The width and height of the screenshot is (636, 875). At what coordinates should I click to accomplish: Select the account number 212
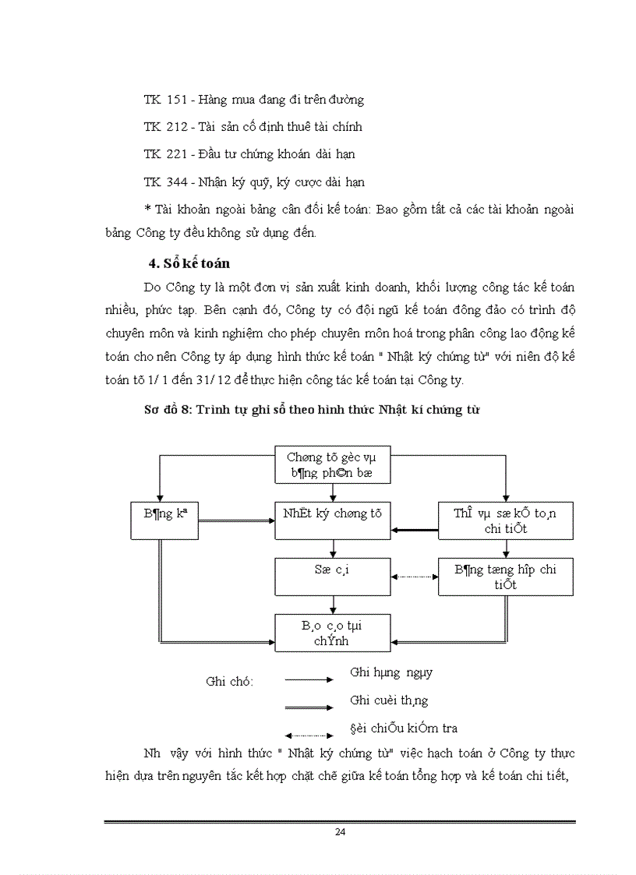pos(177,126)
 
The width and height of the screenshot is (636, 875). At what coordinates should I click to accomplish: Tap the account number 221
pos(177,154)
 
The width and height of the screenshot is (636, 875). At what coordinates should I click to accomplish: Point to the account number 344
pos(177,182)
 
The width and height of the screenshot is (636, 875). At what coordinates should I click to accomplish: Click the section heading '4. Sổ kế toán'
pos(189,263)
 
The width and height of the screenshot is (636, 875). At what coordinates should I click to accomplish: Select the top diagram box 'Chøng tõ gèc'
pos(333,465)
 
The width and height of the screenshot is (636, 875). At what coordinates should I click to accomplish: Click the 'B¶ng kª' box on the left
pos(160,520)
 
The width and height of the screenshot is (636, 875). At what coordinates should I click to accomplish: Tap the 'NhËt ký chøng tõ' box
pos(333,520)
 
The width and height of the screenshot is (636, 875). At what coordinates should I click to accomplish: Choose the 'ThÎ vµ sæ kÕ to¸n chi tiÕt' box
pos(505,520)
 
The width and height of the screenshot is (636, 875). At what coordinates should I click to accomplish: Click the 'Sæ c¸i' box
pos(333,576)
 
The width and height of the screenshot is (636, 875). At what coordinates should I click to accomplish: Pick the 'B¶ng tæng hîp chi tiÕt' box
pos(505,577)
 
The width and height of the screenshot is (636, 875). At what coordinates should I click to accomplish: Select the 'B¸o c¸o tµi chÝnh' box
pos(333,632)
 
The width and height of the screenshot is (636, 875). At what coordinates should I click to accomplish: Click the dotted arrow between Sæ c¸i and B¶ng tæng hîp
pos(414,577)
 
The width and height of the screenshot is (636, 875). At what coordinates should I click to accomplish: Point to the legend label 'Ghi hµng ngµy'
pos(391,672)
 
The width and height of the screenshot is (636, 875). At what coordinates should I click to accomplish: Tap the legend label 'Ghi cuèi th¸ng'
pos(389,700)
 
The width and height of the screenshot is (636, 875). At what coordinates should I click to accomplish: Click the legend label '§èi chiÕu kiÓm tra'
pos(404,729)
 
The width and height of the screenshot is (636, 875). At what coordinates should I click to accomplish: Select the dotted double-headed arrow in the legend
pos(309,735)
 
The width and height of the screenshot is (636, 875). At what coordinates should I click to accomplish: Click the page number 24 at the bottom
pos(340,831)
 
